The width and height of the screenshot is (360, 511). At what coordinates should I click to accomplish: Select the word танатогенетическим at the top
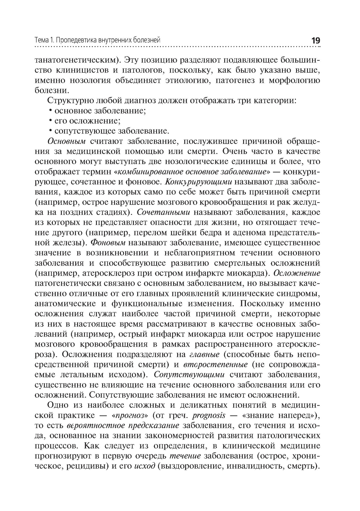tap(76, 59)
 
